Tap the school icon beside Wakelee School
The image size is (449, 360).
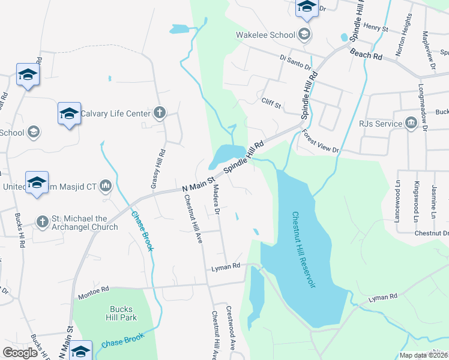coord(304,34)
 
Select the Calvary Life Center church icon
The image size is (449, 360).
coord(160,112)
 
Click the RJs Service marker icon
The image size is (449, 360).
coord(412,124)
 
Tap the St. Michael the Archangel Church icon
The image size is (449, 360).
coord(42,222)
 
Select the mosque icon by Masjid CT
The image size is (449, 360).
coord(106,185)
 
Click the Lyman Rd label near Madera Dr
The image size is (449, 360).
coord(225,266)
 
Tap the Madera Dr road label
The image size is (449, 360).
coord(217,200)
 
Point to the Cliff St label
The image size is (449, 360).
coord(271,103)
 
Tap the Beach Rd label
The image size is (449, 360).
coord(367,55)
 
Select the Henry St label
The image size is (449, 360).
coord(376,28)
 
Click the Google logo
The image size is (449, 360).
coord(20,353)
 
